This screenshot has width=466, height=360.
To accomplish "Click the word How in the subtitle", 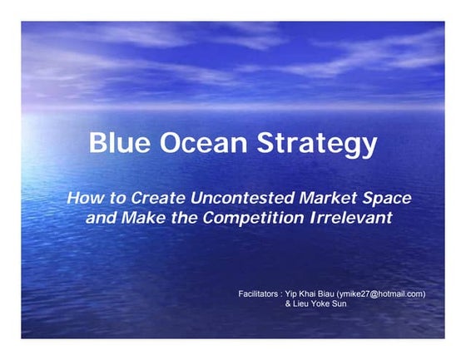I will [x=83, y=199].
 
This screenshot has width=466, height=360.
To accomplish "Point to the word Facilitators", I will [x=257, y=293].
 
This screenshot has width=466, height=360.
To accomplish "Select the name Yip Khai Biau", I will [x=310, y=293].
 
